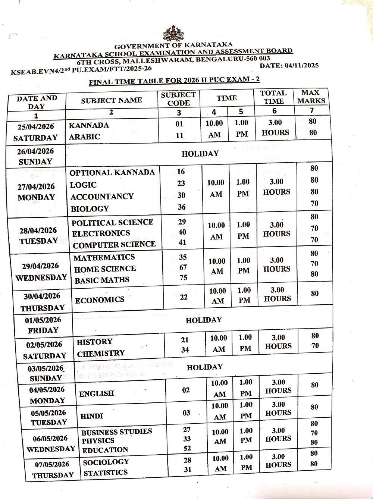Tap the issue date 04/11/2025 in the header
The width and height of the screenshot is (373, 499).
tap(301, 66)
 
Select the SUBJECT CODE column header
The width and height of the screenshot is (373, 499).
tap(178, 99)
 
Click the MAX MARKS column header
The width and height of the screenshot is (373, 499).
tap(311, 97)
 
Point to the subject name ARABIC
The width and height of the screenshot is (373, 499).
tap(85, 137)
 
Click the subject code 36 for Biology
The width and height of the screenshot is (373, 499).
tap(182, 207)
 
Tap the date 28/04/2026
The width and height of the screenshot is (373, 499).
tap(38, 230)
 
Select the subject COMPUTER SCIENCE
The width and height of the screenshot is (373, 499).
tap(114, 245)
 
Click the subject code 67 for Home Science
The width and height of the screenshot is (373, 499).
tap(183, 267)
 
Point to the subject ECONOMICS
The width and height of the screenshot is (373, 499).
tap(100, 300)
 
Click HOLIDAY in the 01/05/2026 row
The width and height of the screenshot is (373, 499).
tap(204, 320)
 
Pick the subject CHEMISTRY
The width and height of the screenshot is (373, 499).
tap(101, 353)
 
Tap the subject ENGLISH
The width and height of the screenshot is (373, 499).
tap(96, 393)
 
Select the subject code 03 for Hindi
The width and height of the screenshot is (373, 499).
tap(186, 413)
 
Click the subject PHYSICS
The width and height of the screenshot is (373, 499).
tap(98, 440)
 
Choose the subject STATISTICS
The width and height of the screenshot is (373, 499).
tap(106, 473)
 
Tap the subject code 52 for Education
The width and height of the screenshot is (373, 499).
tap(187, 448)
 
